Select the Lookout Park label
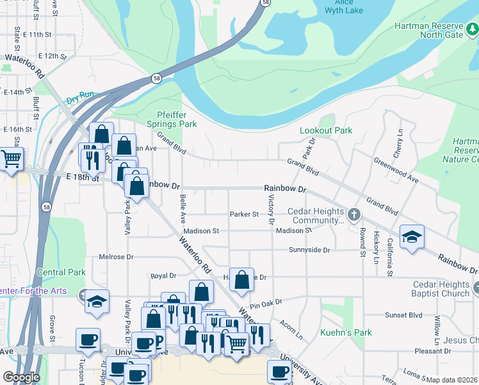pyautogui.click(x=326, y=130)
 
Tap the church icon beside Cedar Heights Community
pyautogui.click(x=353, y=214)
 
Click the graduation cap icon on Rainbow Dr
pyautogui.click(x=412, y=236)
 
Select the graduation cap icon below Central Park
pyautogui.click(x=97, y=301)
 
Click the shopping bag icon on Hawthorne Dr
pyautogui.click(x=241, y=279)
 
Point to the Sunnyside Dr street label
pyautogui.click(x=309, y=250)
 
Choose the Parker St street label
pyautogui.click(x=244, y=214)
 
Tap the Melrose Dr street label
pyautogui.click(x=116, y=257)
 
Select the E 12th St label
pyautogui.click(x=52, y=56)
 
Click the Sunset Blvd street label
pyautogui.click(x=403, y=315)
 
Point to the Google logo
pyautogui.click(x=21, y=377)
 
